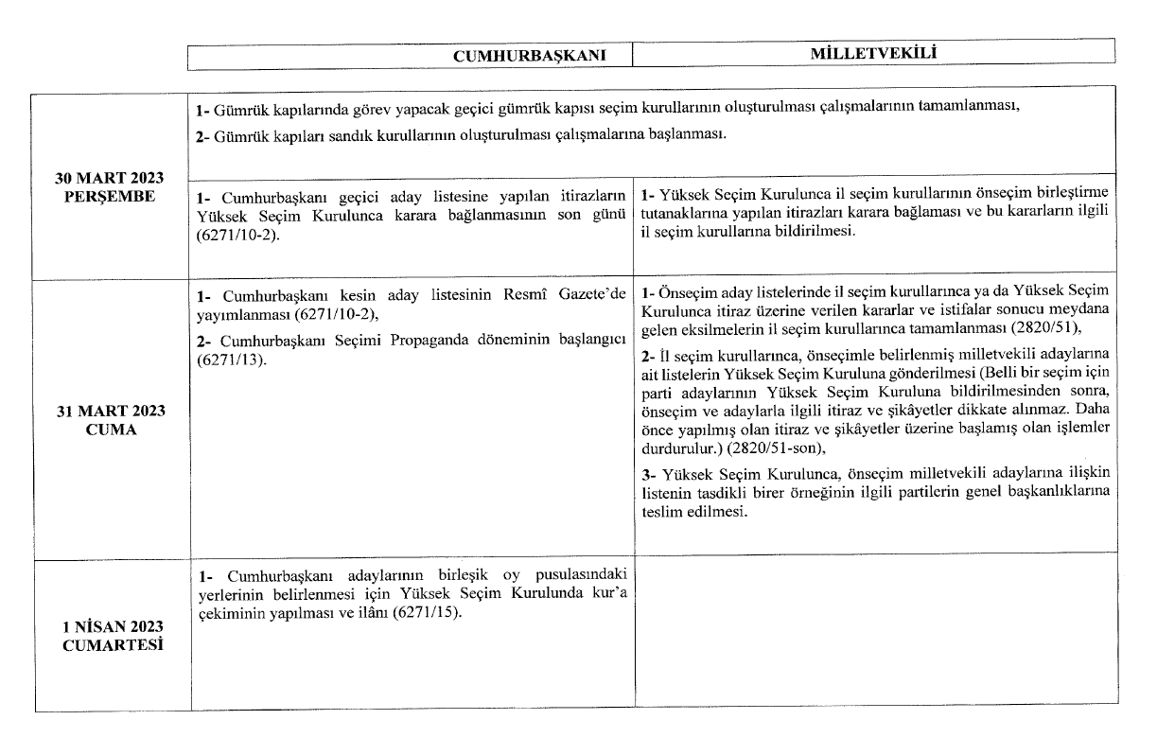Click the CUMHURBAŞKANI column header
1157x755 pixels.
click(542, 56)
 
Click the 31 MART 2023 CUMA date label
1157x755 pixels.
click(111, 419)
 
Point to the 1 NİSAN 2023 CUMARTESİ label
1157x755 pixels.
click(111, 636)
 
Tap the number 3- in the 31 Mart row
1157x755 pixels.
click(648, 471)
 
